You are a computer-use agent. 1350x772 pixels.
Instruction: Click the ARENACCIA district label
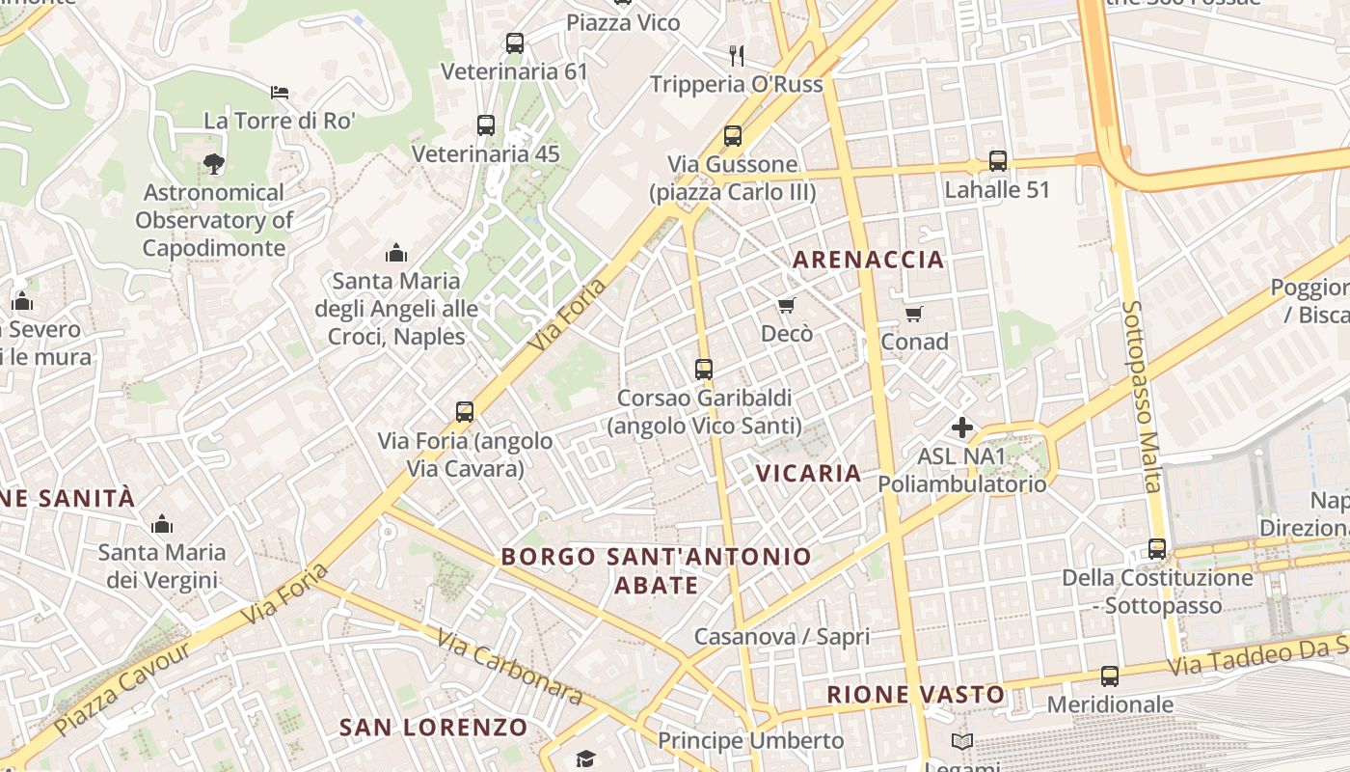point(868,260)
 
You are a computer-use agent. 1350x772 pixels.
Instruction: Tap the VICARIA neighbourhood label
point(808,473)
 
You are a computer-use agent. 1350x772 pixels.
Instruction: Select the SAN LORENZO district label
point(433,728)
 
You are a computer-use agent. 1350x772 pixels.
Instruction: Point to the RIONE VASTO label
point(915,695)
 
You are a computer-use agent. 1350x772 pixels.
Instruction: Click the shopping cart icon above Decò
point(786,306)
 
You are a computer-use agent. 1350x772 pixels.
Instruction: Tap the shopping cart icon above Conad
point(913,314)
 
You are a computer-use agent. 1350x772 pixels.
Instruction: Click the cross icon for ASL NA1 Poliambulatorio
point(961,427)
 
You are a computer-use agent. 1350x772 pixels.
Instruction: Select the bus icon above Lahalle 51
point(998,161)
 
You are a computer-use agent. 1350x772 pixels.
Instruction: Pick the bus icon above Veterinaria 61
point(515,43)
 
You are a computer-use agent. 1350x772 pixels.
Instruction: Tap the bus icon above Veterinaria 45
point(486,125)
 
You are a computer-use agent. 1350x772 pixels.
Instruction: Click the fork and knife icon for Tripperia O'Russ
point(737,55)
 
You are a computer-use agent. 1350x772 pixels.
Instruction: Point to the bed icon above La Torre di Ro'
point(280,93)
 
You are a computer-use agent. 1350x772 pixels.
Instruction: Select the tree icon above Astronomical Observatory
point(214,164)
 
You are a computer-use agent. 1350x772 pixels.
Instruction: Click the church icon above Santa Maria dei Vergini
point(162,524)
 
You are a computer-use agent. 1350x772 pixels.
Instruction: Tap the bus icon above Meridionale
point(1110,676)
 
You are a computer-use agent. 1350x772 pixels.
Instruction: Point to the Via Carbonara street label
point(509,667)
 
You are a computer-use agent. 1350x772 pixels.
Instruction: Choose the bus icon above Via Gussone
point(733,136)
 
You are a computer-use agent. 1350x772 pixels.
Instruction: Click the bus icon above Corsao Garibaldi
point(704,369)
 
